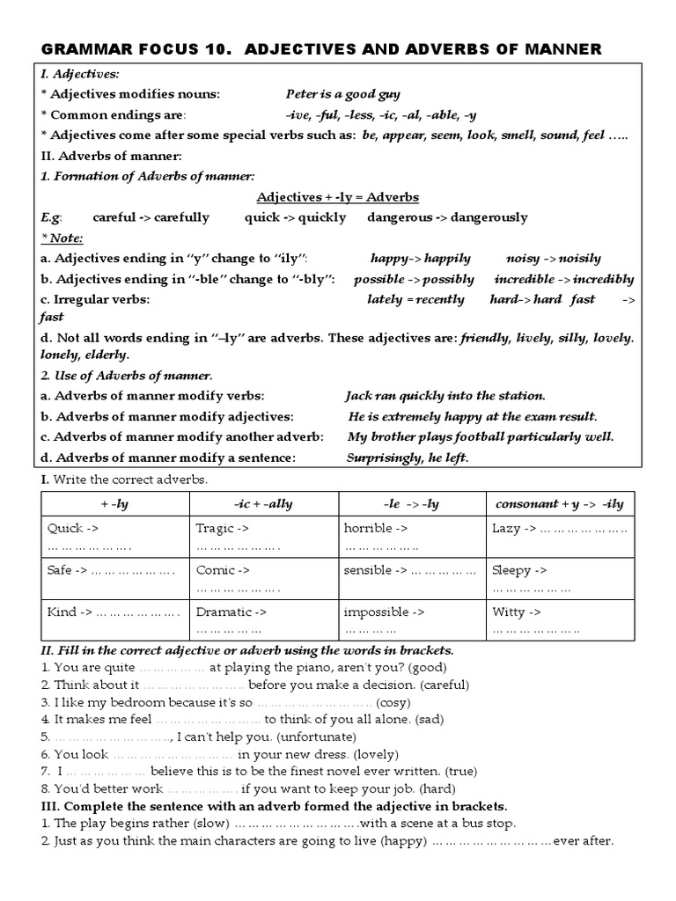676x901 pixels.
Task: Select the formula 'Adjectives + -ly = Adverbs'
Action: click(337, 196)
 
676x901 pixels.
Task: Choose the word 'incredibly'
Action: click(602, 279)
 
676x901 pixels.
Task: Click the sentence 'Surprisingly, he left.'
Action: click(408, 458)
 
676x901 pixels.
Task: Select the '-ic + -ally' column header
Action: click(264, 504)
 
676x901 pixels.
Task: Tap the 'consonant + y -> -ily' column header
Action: click(559, 504)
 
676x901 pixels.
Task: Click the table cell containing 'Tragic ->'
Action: click(264, 537)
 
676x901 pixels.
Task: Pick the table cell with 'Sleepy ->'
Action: click(559, 578)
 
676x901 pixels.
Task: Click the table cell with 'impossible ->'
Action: click(412, 619)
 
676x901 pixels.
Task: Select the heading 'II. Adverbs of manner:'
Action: click(112, 156)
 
